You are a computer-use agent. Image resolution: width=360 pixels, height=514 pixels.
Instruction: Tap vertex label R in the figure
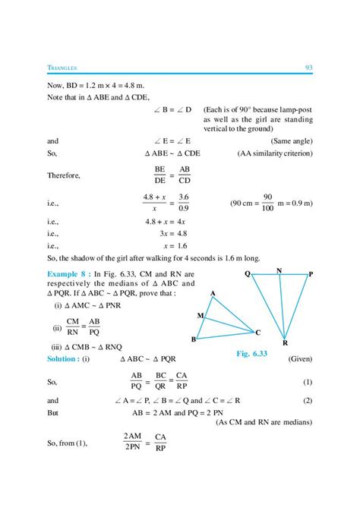coord(285,343)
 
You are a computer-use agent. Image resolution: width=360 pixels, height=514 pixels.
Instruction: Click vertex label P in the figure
coord(311,273)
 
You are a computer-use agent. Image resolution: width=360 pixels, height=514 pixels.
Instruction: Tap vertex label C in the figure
coord(258,333)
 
